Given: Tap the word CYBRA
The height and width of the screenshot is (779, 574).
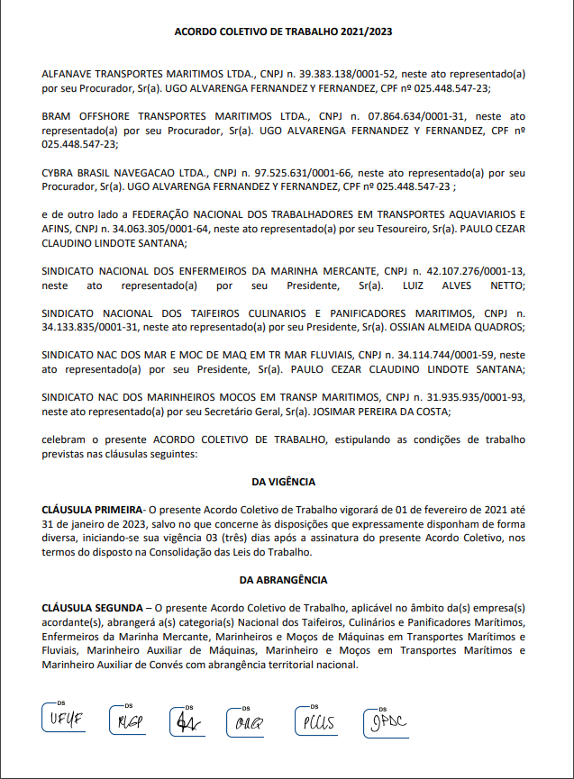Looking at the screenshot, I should coord(59,171).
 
